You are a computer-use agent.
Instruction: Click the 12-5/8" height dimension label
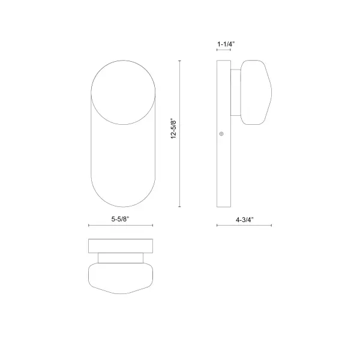[173, 128]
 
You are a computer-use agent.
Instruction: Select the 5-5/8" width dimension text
[122, 219]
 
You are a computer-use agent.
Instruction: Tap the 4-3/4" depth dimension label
[245, 219]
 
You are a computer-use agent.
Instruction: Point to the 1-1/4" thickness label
[226, 44]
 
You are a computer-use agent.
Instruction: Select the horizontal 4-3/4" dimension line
[244, 226]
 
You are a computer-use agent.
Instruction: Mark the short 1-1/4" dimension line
[224, 51]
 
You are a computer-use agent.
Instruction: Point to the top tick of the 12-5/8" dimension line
[181, 60]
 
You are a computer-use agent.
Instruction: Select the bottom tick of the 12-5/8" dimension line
[181, 207]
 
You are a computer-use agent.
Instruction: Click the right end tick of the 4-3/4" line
[271, 226]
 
